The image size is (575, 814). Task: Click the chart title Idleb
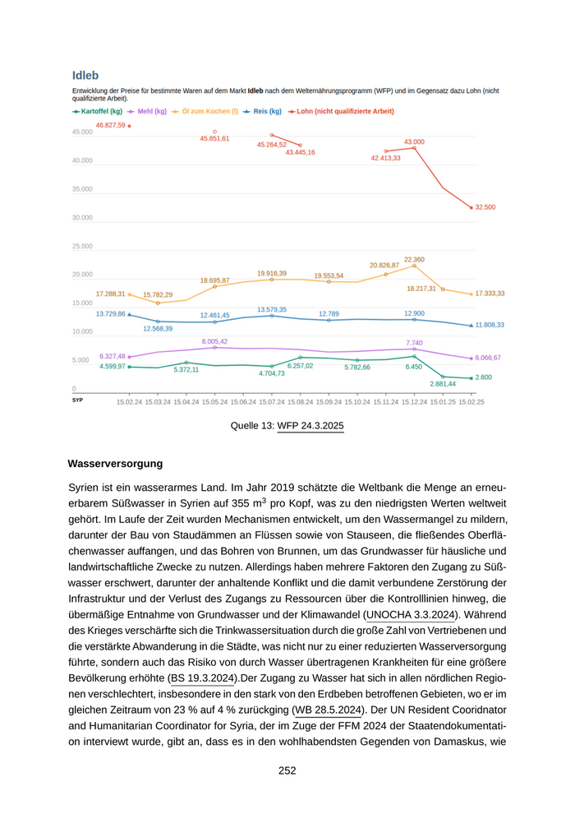tap(85, 76)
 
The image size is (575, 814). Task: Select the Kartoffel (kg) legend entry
tap(101, 111)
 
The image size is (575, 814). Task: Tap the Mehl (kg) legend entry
tap(151, 111)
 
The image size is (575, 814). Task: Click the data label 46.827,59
tap(110, 125)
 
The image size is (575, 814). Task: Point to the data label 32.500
tap(485, 208)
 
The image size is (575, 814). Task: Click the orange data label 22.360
tap(414, 259)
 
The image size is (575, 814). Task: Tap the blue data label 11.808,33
tap(490, 326)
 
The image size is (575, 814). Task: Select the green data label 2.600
tap(483, 377)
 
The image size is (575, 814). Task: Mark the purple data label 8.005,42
tap(214, 341)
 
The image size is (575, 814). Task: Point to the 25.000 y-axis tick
tap(82, 246)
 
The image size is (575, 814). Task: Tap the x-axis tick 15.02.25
tap(471, 402)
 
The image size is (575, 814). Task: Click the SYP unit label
tap(78, 399)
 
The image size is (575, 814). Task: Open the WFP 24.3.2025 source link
tap(310, 425)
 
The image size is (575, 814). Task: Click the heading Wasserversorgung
tap(115, 464)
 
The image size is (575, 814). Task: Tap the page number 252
tap(287, 770)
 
